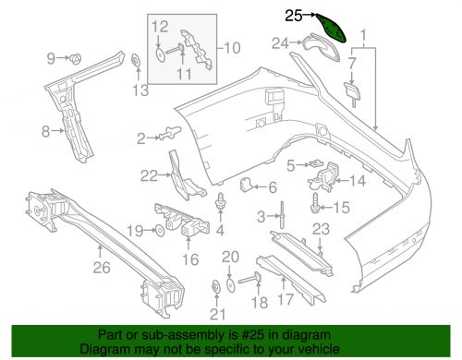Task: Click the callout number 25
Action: point(293,15)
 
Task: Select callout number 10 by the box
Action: point(231,46)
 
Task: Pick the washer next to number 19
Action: point(158,230)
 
